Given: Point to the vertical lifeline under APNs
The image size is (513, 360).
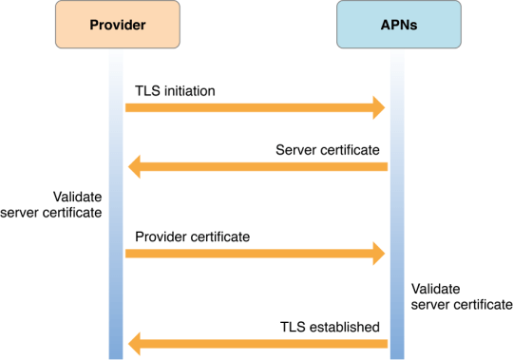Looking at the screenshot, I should (x=397, y=218).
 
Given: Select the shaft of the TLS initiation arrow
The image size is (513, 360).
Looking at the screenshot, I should (x=247, y=108).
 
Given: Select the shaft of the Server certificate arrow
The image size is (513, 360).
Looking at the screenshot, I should (x=266, y=168).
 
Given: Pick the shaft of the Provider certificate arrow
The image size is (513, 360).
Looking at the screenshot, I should (x=247, y=253).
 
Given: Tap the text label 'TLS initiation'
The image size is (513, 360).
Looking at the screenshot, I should (x=175, y=90).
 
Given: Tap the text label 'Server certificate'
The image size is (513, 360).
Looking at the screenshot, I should (x=328, y=150).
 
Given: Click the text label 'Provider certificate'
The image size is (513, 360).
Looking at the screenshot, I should (x=193, y=236).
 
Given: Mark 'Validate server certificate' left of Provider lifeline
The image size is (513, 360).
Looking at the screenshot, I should (x=52, y=204).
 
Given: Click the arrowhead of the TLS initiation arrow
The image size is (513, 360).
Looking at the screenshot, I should (x=378, y=108).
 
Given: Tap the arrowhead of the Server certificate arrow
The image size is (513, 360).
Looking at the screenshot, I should (x=135, y=168).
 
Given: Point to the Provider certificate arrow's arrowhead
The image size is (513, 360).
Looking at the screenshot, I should (x=378, y=253).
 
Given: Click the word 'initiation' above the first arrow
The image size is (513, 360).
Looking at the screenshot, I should (x=189, y=90).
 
